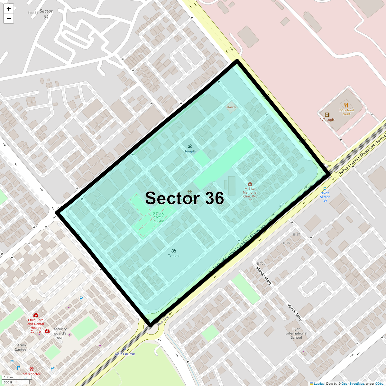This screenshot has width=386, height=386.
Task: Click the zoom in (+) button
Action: coord(9,9)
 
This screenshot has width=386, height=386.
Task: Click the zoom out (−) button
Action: coord(9,18)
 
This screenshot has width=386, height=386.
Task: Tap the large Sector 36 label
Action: coord(185,198)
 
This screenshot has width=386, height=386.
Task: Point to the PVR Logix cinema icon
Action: coord(327,115)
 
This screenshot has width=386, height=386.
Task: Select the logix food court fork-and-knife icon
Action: coord(346,105)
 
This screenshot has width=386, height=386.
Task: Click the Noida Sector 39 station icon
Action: coord(325,189)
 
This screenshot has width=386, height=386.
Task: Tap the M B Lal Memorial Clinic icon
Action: coord(250,184)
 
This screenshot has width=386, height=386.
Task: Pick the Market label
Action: coord(231,107)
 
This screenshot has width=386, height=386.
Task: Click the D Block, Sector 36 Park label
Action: coord(158,217)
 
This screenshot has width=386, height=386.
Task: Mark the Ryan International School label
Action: coord(296,333)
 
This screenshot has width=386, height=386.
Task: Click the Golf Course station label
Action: coord(125,354)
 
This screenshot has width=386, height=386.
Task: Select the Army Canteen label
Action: coord(22,347)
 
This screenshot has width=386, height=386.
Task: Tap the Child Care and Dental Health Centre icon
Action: coord(36,315)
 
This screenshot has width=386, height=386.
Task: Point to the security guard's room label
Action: coord(60,333)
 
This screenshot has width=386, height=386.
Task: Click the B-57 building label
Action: coord(296,234)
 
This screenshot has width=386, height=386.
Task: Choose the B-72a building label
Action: coord(261,263)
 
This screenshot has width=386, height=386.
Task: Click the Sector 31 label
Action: coord(46,14)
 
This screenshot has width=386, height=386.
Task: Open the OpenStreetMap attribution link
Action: coord(353,383)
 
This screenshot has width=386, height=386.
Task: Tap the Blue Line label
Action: coord(163,321)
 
